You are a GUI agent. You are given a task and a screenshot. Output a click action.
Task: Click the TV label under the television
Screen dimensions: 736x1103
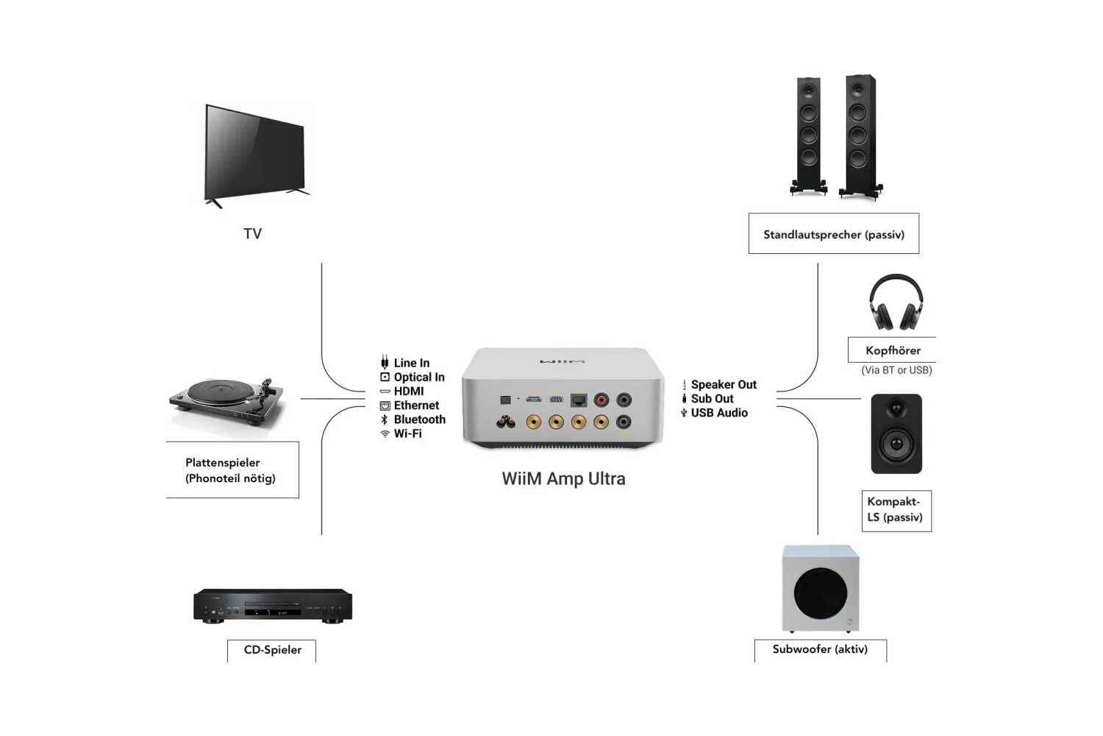pyautogui.click(x=252, y=233)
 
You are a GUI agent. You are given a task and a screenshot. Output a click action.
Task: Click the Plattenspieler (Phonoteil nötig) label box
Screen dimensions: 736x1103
pyautogui.click(x=231, y=470)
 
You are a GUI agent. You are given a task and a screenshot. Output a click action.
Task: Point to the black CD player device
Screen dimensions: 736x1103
pyautogui.click(x=272, y=606)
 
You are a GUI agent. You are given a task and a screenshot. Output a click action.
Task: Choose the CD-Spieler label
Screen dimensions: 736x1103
pyautogui.click(x=272, y=650)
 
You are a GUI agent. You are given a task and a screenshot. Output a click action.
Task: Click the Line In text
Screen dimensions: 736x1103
pyautogui.click(x=411, y=363)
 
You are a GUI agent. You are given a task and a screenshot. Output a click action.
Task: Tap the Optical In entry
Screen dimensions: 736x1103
pyautogui.click(x=418, y=377)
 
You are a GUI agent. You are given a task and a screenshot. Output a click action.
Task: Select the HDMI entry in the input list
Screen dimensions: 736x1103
pyautogui.click(x=408, y=391)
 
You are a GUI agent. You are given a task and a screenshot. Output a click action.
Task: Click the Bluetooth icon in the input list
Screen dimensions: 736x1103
pyautogui.click(x=385, y=420)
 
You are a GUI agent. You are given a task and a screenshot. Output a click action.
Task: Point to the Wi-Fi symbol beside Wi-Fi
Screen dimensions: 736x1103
pyautogui.click(x=385, y=434)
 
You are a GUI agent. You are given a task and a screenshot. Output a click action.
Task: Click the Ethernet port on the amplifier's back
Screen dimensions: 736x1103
pyautogui.click(x=579, y=400)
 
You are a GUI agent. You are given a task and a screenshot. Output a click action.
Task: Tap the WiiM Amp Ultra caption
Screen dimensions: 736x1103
pyautogui.click(x=563, y=478)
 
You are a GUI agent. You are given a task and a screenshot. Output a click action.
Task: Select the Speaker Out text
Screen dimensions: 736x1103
pyautogui.click(x=724, y=384)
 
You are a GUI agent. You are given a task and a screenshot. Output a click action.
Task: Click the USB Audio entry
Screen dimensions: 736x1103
pyautogui.click(x=718, y=413)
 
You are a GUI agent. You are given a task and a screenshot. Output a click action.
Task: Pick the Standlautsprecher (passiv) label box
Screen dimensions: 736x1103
pyautogui.click(x=833, y=234)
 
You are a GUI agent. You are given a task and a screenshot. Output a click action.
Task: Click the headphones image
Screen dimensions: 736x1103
pyautogui.click(x=895, y=302)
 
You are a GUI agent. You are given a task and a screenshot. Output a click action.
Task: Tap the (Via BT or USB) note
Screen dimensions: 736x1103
pyautogui.click(x=896, y=370)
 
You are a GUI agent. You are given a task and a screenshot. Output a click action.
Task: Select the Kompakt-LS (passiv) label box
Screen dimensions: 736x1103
pyautogui.click(x=895, y=510)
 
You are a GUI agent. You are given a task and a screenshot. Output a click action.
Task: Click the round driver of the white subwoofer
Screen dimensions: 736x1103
pyautogui.click(x=820, y=593)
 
